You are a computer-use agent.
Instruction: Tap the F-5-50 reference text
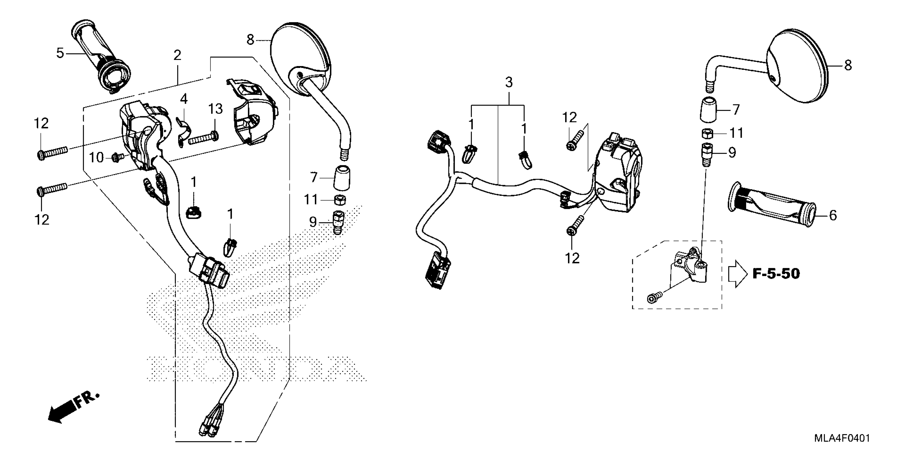coord(776,274)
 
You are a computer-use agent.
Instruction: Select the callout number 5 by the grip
coord(60,54)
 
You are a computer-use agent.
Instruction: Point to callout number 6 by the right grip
coord(833,215)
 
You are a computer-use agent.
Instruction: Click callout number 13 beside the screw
coord(215,109)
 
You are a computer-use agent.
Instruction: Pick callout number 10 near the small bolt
coord(96,157)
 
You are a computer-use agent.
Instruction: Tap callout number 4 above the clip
coord(184,99)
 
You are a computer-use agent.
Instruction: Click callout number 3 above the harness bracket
coord(509,82)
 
